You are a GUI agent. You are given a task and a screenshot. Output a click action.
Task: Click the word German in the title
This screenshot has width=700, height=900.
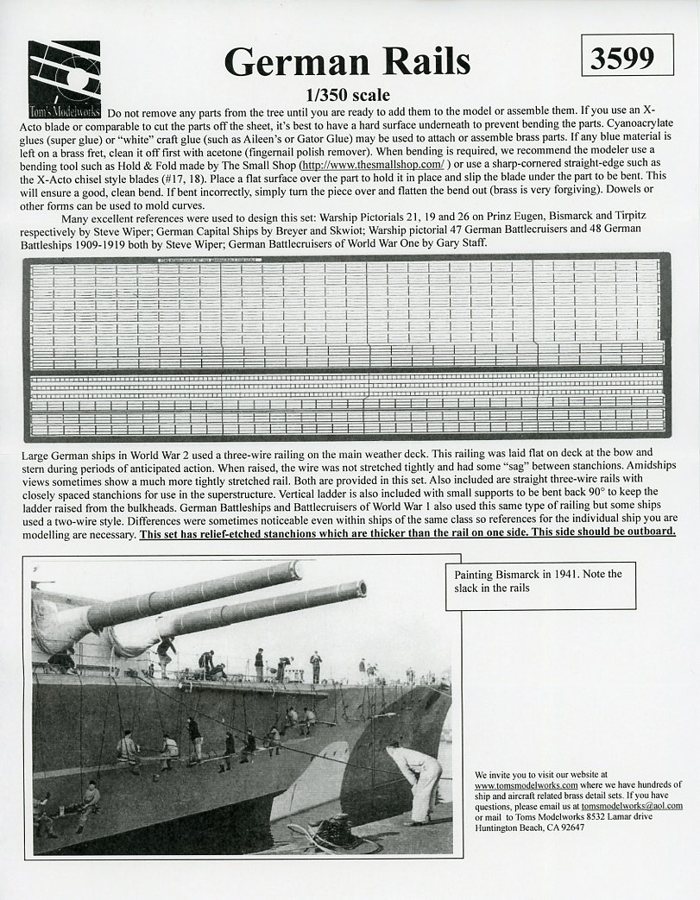[286, 62]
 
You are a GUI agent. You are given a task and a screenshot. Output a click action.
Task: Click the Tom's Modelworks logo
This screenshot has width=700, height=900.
[64, 79]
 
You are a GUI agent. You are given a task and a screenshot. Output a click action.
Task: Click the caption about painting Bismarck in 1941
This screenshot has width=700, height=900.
[544, 581]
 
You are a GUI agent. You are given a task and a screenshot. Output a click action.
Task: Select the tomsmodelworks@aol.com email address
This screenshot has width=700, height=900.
[632, 806]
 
